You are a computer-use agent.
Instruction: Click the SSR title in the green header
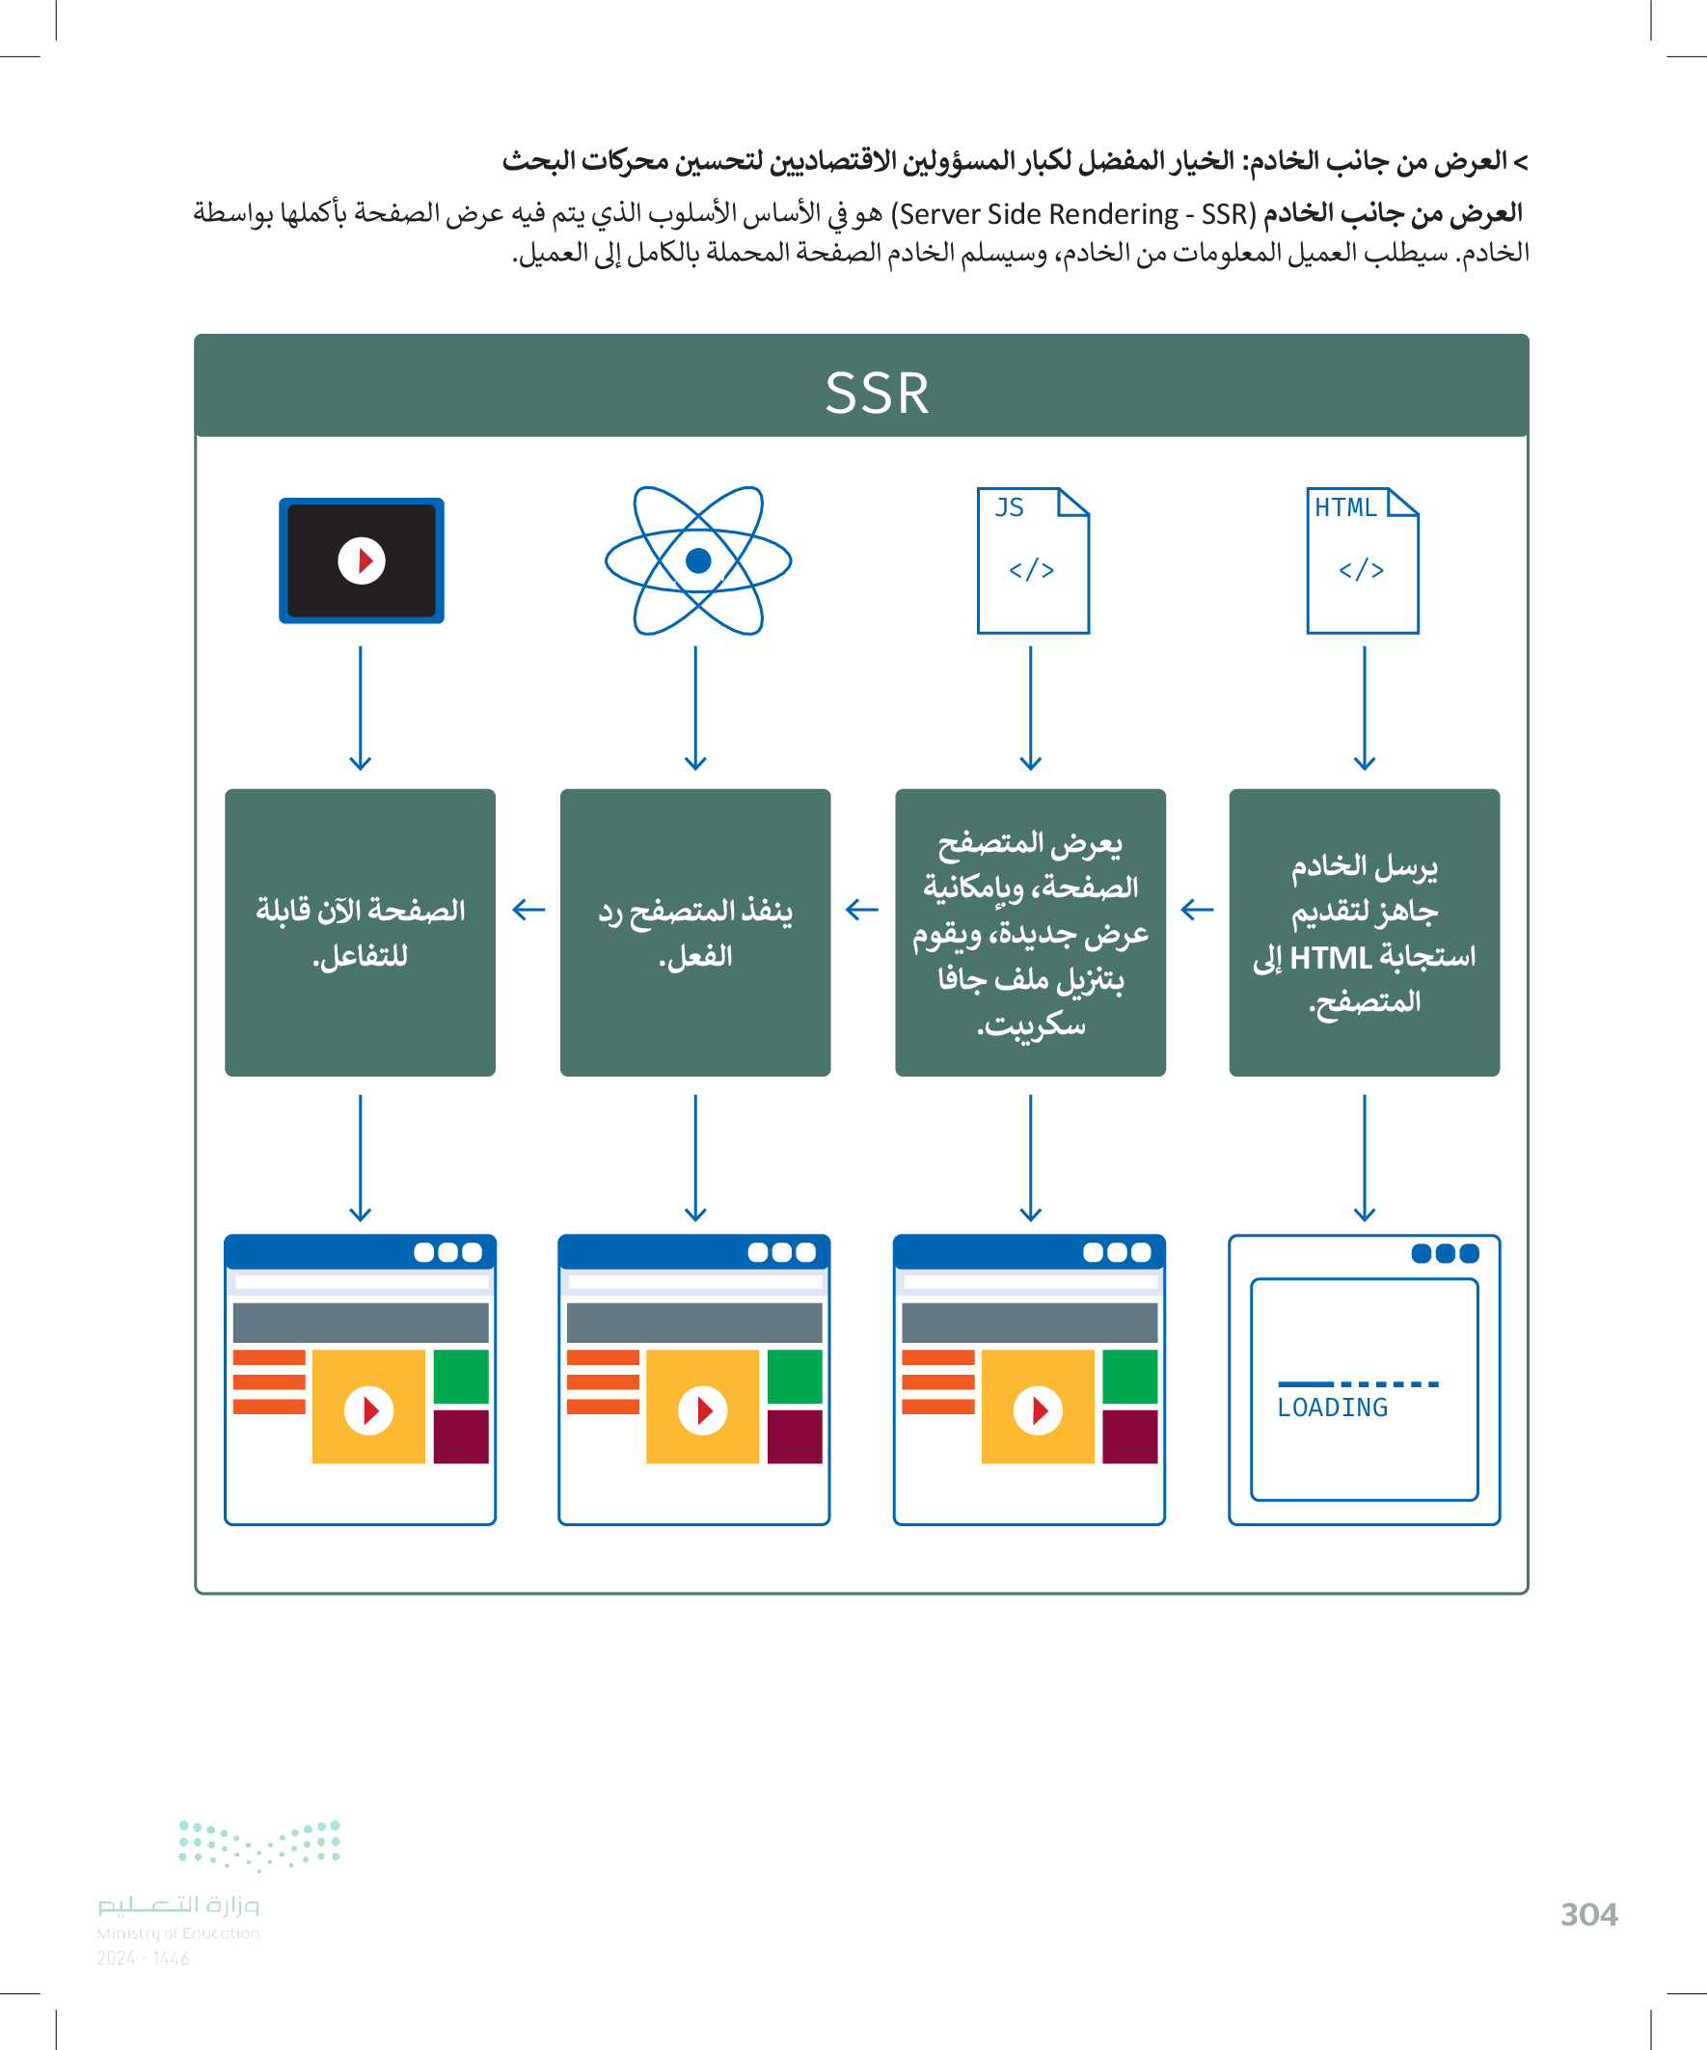[x=877, y=393]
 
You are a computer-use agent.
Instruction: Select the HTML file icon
[x=1363, y=560]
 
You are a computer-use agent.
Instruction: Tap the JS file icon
[x=1033, y=560]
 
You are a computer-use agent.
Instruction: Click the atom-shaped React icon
[x=698, y=560]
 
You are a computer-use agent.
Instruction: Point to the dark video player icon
[x=361, y=560]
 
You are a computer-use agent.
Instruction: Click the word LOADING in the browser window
[x=1332, y=1408]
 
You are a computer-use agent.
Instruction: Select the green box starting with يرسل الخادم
[x=1364, y=932]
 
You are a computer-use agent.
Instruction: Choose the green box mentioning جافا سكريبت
[x=1030, y=932]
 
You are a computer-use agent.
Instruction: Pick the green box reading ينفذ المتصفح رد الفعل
[x=695, y=932]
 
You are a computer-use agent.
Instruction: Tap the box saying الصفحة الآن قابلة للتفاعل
[x=360, y=932]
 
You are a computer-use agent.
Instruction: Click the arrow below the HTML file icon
[x=1365, y=708]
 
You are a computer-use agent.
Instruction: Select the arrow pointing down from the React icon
[x=695, y=708]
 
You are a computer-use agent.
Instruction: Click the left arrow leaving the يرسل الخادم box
[x=1197, y=910]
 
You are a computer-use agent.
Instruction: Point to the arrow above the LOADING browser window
[x=1365, y=1158]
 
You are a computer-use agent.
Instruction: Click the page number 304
[x=1589, y=1915]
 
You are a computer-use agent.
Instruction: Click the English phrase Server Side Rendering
[x=1039, y=214]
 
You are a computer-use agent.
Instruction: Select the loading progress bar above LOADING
[x=1358, y=1384]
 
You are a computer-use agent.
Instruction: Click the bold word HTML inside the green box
[x=1330, y=958]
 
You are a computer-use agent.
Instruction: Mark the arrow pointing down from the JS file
[x=1031, y=708]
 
